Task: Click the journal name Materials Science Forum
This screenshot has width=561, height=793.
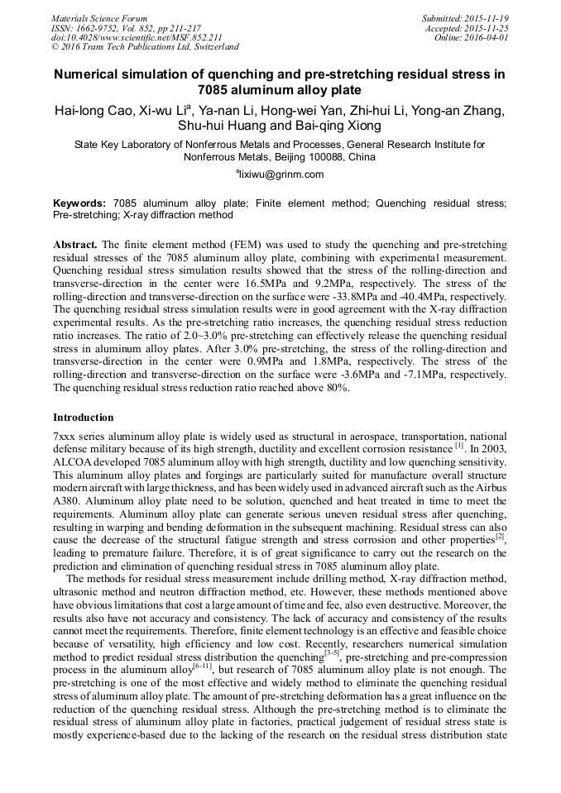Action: (x=99, y=17)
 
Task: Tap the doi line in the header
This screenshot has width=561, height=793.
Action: (x=136, y=37)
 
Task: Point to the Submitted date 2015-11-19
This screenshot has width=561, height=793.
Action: (x=488, y=17)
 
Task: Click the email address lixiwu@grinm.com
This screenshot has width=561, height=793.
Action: (x=281, y=174)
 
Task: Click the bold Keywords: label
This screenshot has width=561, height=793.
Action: (x=79, y=203)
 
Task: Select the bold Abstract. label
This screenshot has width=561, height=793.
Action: (x=75, y=246)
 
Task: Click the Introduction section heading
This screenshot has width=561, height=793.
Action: (x=84, y=418)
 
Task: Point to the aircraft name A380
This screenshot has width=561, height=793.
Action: (x=67, y=501)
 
